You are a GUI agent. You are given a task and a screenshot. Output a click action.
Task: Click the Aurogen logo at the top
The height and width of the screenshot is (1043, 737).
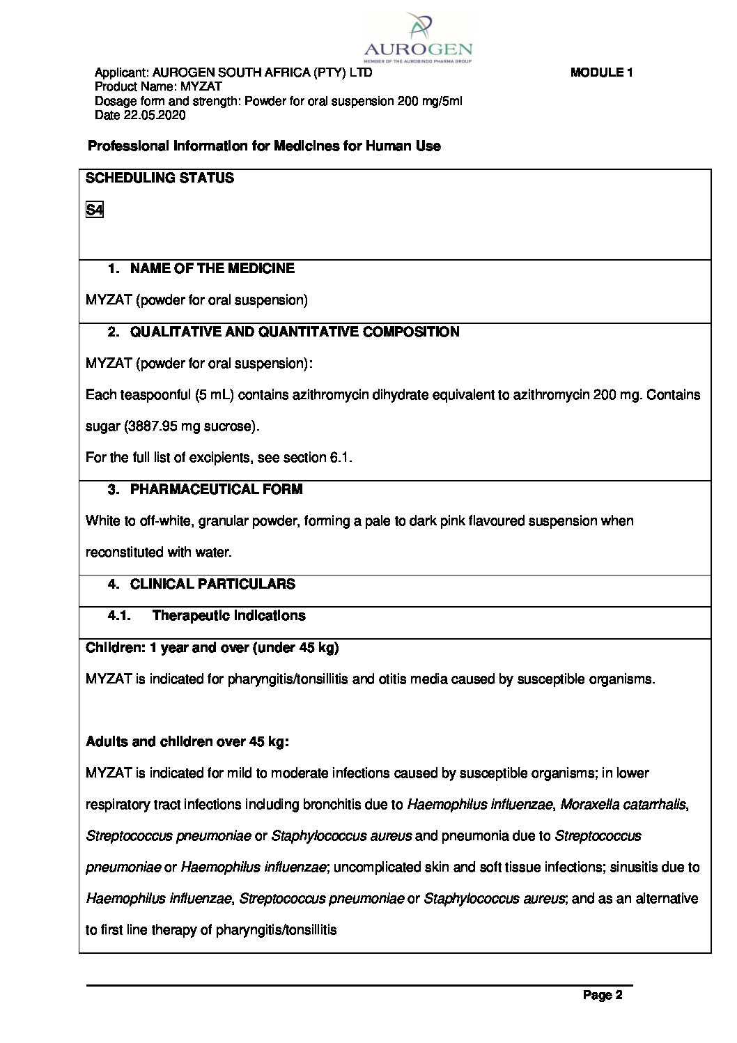[x=418, y=39]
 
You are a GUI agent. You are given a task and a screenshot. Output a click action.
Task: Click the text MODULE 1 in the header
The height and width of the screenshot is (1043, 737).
[x=601, y=72]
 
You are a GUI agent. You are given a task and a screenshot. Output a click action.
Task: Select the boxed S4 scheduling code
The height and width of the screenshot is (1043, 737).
[x=95, y=210]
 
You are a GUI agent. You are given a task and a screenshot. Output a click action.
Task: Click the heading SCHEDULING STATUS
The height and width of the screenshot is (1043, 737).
[x=160, y=178]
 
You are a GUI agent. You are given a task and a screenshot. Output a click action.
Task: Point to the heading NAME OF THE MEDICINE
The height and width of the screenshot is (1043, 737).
[x=212, y=268]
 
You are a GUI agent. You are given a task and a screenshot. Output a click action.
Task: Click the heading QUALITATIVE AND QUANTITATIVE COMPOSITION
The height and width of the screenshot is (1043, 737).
[x=294, y=332]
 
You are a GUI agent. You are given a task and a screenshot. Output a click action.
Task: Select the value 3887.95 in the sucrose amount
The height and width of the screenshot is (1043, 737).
[x=153, y=426]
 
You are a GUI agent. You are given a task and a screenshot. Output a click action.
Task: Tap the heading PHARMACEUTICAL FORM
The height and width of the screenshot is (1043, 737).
[x=216, y=489]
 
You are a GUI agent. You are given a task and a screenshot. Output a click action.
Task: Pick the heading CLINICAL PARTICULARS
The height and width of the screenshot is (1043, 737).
[x=212, y=584]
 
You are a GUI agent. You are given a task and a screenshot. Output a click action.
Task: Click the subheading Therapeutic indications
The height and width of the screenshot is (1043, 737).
[x=228, y=615]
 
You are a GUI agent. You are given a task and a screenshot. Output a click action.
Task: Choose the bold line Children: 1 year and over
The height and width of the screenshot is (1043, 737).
[x=212, y=647]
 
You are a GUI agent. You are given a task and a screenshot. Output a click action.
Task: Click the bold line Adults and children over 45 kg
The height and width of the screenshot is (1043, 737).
[x=187, y=741]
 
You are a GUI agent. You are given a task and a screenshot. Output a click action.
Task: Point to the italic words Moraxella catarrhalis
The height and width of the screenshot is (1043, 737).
[x=623, y=804]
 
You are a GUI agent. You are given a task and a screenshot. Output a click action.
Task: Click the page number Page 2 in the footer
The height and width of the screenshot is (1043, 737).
[x=603, y=995]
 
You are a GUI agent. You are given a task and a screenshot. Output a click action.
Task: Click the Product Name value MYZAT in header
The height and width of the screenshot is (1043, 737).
[x=201, y=86]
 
